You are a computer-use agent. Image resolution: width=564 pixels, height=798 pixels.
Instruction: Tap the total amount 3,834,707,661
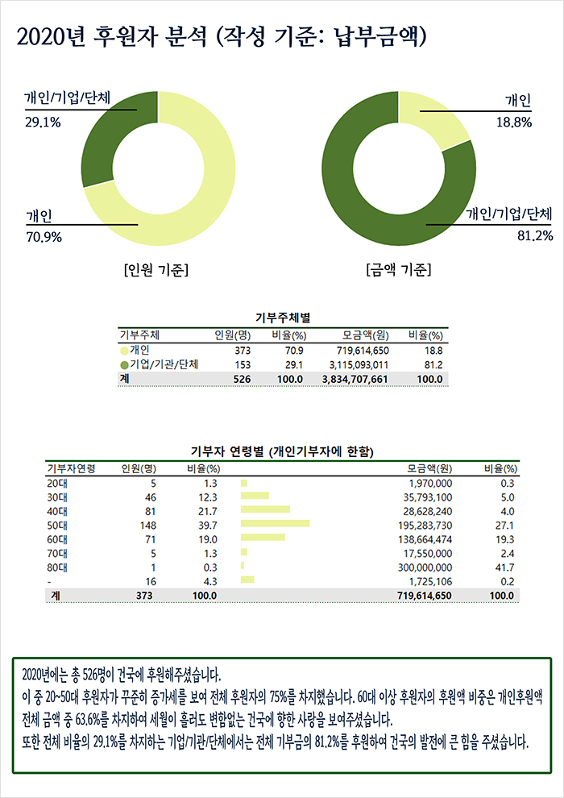pyautogui.click(x=355, y=378)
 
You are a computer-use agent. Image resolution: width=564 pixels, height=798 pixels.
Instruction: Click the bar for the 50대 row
pyautogui.click(x=275, y=523)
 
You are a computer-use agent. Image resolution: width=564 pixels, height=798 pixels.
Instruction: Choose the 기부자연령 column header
pyautogui.click(x=72, y=468)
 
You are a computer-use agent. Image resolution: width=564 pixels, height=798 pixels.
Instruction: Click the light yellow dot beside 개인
pyautogui.click(x=124, y=351)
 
